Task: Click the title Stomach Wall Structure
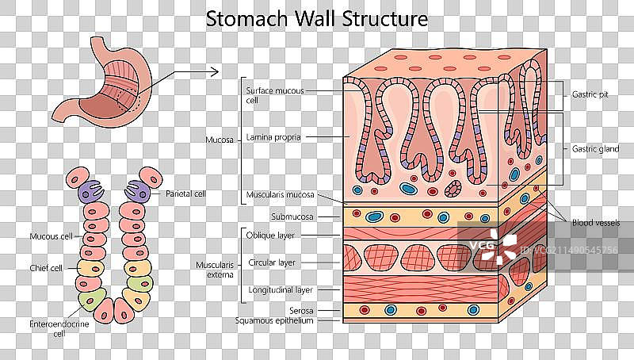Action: tap(317, 17)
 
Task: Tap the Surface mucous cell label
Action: tap(274, 95)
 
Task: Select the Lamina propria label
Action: tap(273, 136)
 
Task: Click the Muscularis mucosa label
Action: tap(280, 194)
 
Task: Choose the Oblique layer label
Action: tap(270, 236)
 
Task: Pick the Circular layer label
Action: tap(272, 262)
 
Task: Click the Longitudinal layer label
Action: tap(280, 289)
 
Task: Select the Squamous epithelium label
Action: tap(274, 320)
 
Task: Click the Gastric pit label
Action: tap(590, 94)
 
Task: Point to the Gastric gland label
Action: tap(595, 148)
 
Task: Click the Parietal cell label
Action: tap(185, 193)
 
